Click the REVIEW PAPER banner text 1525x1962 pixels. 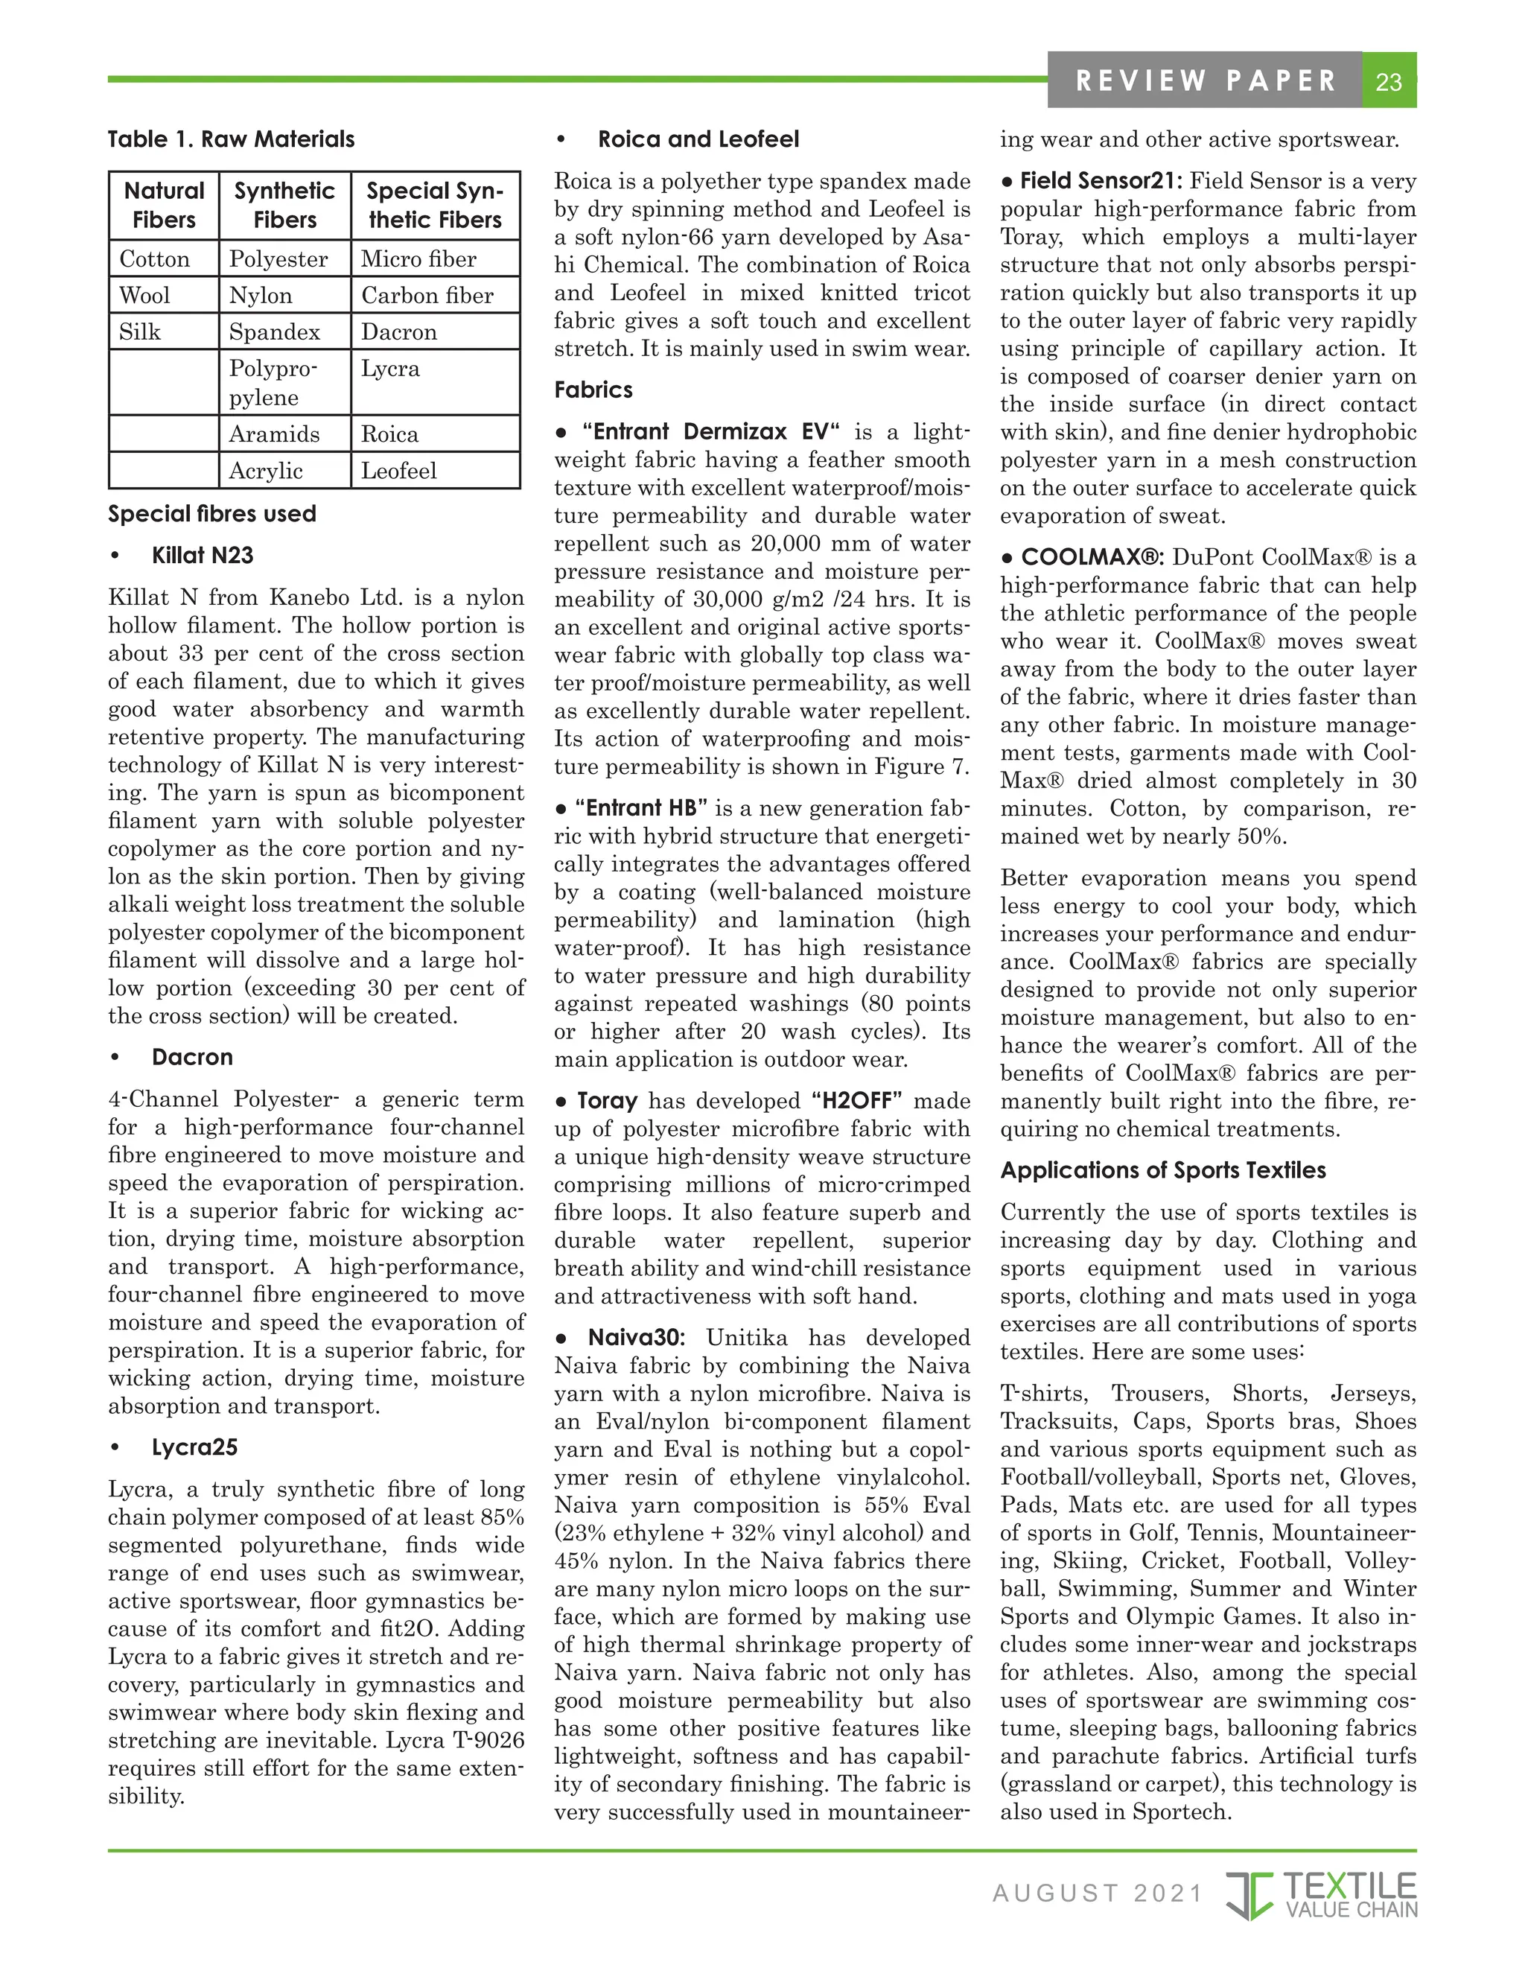coord(1206,81)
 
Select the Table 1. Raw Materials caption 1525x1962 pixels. coord(231,139)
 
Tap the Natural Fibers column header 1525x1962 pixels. coord(164,205)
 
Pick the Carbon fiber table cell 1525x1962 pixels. coord(427,296)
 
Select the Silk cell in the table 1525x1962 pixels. coord(140,331)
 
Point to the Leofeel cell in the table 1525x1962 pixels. coord(399,471)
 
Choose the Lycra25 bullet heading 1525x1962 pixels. coord(194,1447)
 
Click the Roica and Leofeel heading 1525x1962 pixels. coord(698,139)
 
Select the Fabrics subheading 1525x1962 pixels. coord(593,390)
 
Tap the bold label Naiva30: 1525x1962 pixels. coord(636,1338)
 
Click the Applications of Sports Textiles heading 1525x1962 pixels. coord(1162,1170)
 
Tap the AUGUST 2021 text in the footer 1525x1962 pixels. coord(1097,1893)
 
